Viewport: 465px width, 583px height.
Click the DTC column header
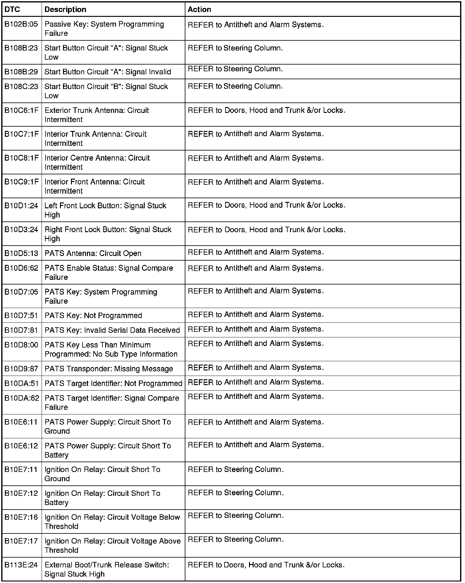point(12,9)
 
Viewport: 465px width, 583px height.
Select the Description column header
point(65,9)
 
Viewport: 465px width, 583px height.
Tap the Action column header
point(199,9)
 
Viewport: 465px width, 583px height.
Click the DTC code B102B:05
point(21,24)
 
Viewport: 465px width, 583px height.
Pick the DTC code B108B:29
point(21,72)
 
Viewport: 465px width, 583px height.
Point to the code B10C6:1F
point(21,110)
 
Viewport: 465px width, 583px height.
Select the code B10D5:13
point(21,253)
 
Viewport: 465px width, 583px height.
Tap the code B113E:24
point(21,565)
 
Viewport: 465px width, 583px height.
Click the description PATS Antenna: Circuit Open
point(93,253)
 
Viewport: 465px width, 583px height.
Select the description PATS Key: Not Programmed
point(93,315)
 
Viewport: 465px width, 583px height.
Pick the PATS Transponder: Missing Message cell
point(109,369)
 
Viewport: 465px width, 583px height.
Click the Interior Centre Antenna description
point(97,162)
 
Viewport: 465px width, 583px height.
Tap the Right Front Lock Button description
point(108,234)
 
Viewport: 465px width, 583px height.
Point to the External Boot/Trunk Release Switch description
point(106,569)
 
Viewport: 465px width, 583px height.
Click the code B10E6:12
point(21,446)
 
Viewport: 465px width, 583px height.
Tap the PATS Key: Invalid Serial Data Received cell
point(112,330)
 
